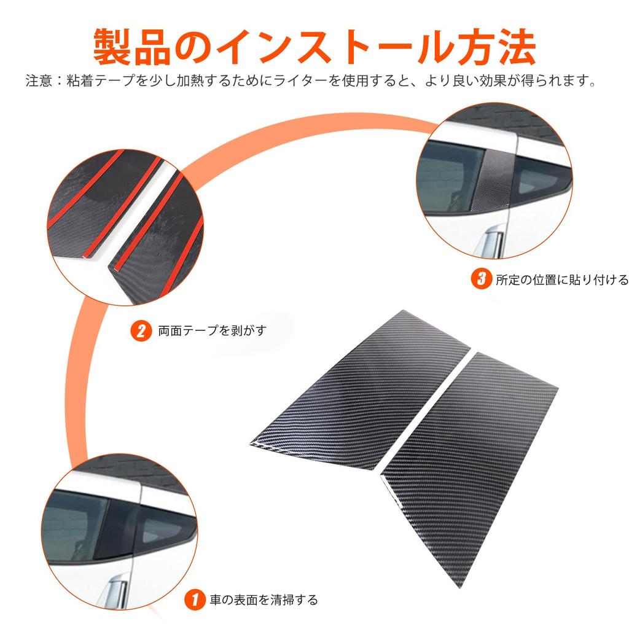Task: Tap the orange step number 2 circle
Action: tap(141, 332)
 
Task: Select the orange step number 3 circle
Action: tap(479, 279)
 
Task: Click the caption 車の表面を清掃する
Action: tap(264, 598)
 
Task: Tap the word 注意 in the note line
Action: tap(38, 80)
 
